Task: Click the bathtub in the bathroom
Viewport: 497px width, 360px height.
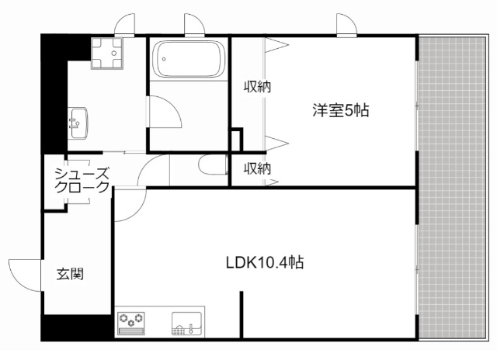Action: [189, 59]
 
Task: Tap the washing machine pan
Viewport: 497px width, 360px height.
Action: [107, 54]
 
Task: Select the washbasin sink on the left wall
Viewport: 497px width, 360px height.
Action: [78, 123]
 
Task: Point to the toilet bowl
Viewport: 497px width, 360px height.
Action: [213, 164]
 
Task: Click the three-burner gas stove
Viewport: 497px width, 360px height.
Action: [131, 324]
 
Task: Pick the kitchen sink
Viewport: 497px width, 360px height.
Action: [186, 324]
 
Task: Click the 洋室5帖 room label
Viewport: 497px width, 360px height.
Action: [341, 110]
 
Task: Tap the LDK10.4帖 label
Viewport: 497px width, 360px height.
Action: [265, 262]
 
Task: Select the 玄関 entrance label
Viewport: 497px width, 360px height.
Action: [70, 274]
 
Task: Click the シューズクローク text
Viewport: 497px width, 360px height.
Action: [82, 181]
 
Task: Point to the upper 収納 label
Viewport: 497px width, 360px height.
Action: [257, 87]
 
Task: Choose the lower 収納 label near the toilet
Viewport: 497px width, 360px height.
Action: [257, 169]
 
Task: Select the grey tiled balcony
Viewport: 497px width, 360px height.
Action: [452, 188]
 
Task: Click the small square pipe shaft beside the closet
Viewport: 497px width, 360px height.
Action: [236, 140]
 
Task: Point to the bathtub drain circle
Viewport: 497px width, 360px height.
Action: [164, 59]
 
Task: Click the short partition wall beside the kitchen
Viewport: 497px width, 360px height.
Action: [242, 315]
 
